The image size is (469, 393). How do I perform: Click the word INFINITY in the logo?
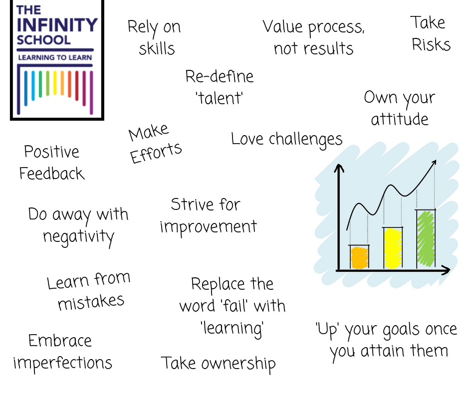tap(57, 25)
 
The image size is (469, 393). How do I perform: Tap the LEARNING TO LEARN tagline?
tap(55, 57)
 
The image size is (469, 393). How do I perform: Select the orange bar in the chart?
tap(359, 257)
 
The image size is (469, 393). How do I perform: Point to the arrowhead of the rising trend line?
tap(434, 163)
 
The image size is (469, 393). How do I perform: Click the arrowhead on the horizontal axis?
tap(446, 270)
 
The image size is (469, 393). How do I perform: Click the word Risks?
tap(431, 45)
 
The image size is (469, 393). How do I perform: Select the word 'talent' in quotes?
tap(219, 98)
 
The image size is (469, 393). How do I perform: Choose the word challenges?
tap(305, 139)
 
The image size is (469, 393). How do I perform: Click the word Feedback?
tap(52, 174)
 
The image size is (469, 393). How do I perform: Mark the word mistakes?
tap(91, 302)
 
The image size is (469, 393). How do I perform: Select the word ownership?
tap(238, 364)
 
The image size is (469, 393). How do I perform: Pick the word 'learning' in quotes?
tap(232, 328)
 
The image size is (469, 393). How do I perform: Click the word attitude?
tap(400, 119)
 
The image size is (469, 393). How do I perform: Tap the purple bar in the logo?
tap(91, 92)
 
